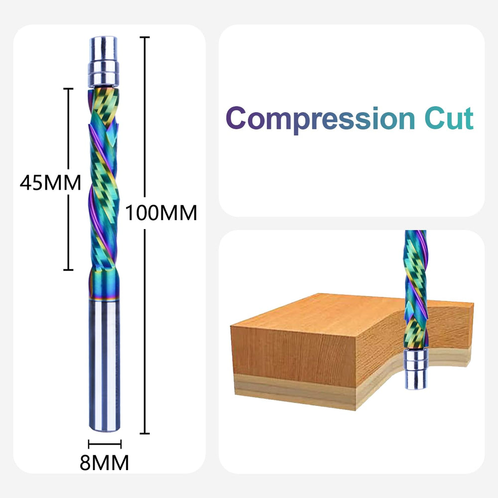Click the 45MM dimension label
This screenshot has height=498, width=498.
coord(50,183)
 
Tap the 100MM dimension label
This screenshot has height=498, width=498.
coord(161,213)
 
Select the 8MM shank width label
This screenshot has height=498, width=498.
coord(104,463)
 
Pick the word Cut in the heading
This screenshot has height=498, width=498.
coord(449,119)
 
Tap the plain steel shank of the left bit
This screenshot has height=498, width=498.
coord(104,364)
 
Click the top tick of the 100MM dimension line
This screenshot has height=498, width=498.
coord(144,37)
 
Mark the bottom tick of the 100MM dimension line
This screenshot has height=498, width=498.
coord(144,433)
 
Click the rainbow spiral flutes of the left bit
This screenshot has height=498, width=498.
coord(104,184)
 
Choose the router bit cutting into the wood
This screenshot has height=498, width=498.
coord(415,289)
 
